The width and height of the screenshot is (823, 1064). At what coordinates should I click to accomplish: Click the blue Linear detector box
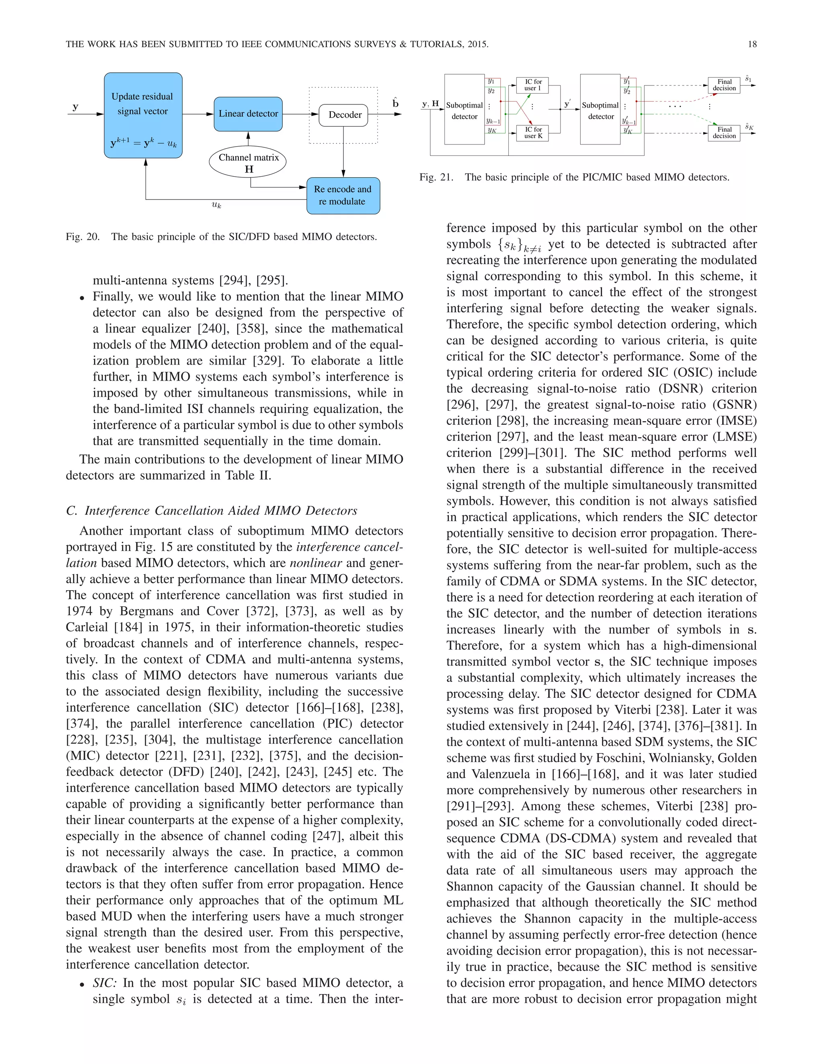coord(248,114)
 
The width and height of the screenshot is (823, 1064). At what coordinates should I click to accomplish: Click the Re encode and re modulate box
coord(343,196)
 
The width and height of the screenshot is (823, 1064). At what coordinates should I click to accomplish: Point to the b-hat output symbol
coord(395,103)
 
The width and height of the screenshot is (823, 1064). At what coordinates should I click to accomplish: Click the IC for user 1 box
coord(532,85)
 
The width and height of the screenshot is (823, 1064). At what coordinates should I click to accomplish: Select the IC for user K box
coord(532,133)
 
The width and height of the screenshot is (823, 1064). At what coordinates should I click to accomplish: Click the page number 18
coord(752,44)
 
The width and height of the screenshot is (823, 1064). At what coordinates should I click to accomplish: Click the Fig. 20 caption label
coord(82,237)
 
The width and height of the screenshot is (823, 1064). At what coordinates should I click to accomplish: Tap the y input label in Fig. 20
coord(76,107)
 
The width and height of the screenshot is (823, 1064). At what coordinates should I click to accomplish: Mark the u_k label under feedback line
coord(217,206)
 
